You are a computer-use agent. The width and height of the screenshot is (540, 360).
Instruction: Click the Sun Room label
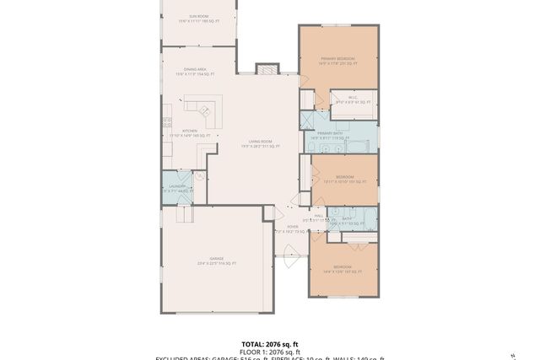(199, 16)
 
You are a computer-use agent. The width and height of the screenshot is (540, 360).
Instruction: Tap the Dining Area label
(195, 72)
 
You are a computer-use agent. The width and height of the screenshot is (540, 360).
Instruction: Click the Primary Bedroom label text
(337, 60)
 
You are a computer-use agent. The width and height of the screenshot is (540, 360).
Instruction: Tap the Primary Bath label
(328, 134)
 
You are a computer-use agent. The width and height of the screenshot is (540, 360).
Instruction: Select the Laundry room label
(176, 188)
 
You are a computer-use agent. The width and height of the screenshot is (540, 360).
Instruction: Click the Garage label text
(217, 261)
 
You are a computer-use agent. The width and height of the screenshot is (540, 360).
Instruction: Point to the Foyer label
(293, 228)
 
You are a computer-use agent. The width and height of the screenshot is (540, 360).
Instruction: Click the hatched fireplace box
(267, 69)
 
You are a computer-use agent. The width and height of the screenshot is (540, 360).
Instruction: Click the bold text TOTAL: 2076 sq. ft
(269, 344)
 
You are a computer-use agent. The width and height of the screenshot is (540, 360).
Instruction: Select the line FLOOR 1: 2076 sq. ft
(269, 352)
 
